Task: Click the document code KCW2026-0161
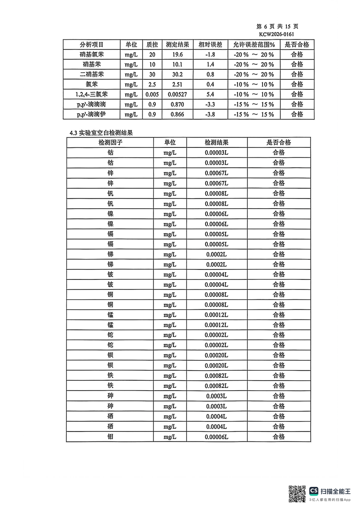(x=280, y=34)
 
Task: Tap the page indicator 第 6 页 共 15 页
(x=277, y=26)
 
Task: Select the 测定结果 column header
(x=178, y=44)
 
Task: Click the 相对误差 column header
(x=210, y=44)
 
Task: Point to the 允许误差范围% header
(x=254, y=44)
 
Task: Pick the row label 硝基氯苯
(x=92, y=54)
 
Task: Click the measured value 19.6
(x=178, y=54)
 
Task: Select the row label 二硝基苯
(x=92, y=74)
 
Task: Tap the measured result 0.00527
(x=178, y=94)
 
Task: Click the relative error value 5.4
(x=210, y=94)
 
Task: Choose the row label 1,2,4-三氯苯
(x=92, y=94)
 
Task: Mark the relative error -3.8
(x=210, y=114)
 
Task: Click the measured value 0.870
(x=178, y=104)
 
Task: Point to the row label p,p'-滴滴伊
(x=92, y=114)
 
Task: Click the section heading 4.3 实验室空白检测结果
(x=101, y=133)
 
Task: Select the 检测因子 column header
(x=110, y=142)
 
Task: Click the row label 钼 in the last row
(x=110, y=436)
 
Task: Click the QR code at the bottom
(x=297, y=493)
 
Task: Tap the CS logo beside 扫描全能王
(x=314, y=491)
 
